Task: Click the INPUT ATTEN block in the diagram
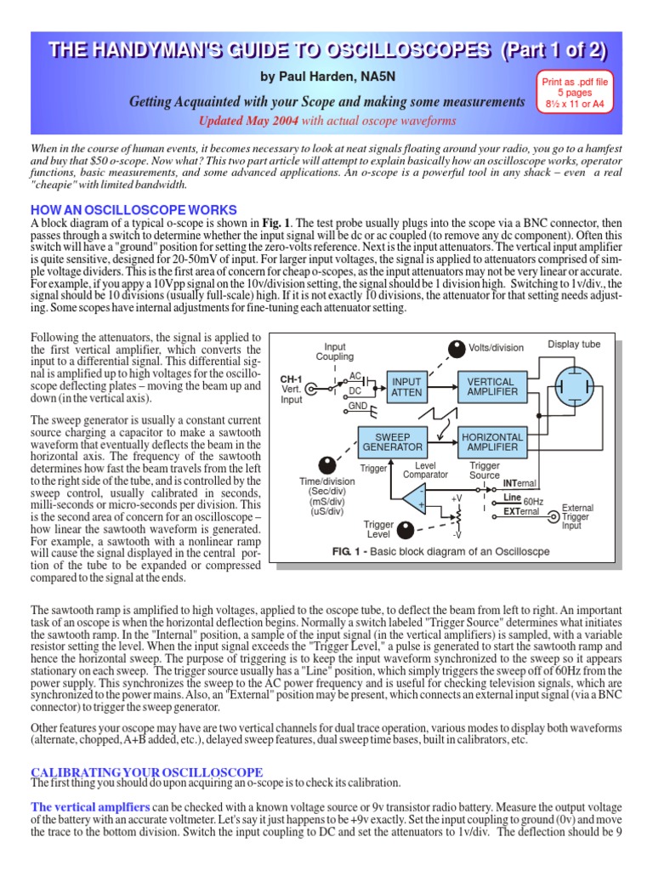pos(406,387)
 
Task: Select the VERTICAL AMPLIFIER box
pos(491,387)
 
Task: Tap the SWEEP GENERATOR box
pos(392,441)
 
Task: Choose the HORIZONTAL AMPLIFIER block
pos(491,441)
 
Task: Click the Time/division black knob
pos(326,464)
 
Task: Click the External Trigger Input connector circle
pos(554,515)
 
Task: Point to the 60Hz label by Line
pos(533,501)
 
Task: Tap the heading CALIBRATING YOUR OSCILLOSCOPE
pos(147,771)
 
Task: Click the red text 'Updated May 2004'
pos(247,121)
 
